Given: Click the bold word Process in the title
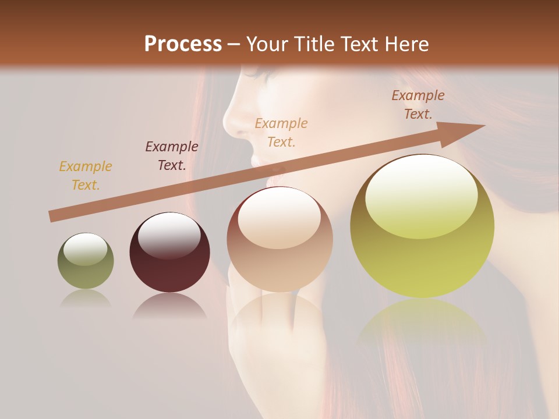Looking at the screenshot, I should (x=183, y=44).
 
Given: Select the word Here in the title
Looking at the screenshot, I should (x=406, y=44).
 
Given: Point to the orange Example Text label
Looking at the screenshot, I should (x=86, y=176).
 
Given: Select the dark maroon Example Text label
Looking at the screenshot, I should (x=172, y=155).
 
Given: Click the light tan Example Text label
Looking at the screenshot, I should (x=281, y=132).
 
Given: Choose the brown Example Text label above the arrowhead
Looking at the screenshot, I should (x=418, y=105).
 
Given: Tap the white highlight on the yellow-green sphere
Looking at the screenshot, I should (x=422, y=195).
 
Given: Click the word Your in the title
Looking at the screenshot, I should (x=265, y=44).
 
